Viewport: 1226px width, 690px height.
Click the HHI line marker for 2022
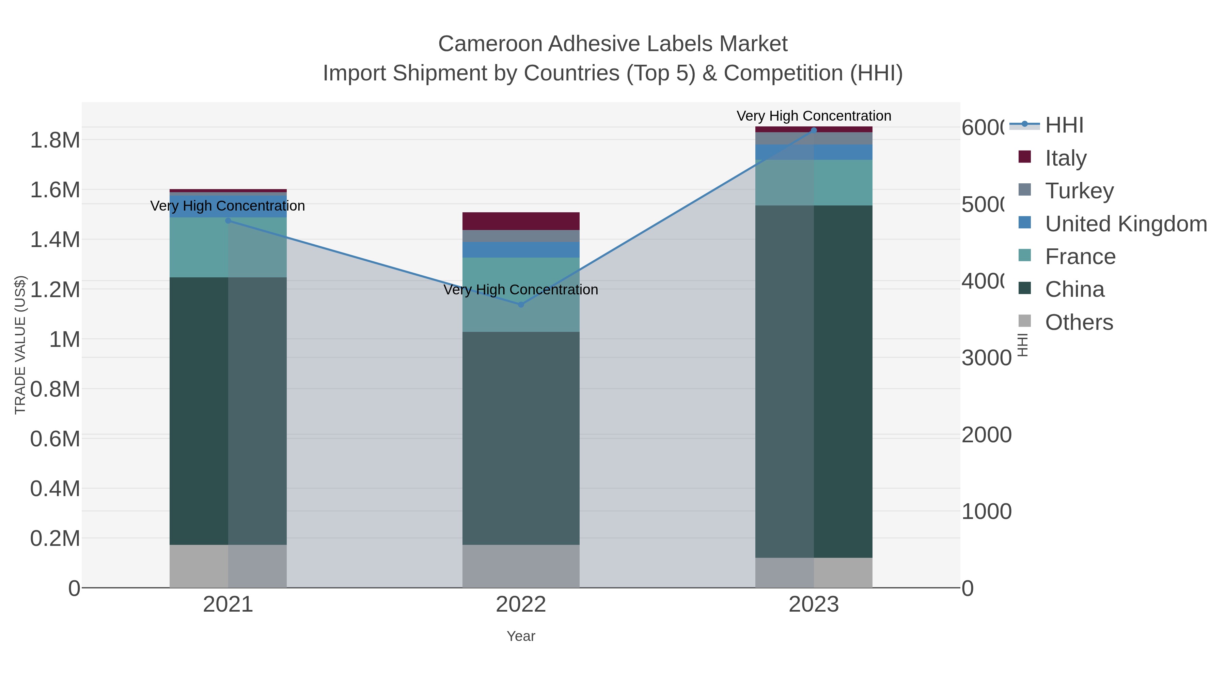coord(521,304)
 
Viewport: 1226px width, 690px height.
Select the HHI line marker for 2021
coord(228,220)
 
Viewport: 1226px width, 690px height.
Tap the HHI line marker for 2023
coord(813,130)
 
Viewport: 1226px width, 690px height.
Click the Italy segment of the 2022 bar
coord(521,221)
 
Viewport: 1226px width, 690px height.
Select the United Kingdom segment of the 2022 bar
coord(521,249)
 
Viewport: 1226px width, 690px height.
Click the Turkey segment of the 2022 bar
coord(521,236)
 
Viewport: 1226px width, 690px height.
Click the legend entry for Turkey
coord(1079,190)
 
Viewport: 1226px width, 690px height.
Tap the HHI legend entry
coord(1064,125)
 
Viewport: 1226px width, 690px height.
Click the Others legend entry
coord(1079,322)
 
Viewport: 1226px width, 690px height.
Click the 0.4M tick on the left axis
coord(55,489)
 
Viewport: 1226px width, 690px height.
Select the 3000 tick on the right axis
coord(986,358)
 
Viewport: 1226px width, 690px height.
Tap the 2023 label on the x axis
coord(813,604)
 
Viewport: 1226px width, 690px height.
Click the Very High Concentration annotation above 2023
coord(813,116)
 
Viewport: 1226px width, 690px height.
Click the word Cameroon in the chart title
coord(490,44)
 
